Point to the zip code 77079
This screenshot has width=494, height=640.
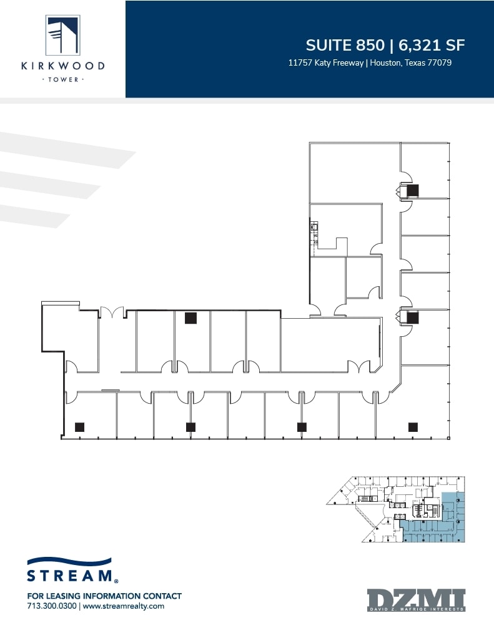click(438, 62)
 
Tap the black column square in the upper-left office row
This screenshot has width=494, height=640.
click(190, 318)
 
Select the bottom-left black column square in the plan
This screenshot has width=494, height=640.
click(79, 427)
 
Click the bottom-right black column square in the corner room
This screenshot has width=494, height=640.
click(412, 427)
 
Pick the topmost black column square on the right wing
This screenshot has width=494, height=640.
click(413, 191)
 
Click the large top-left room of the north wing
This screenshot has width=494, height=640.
click(354, 172)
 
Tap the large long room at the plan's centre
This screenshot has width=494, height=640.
click(329, 344)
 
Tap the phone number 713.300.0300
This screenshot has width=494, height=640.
click(52, 606)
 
